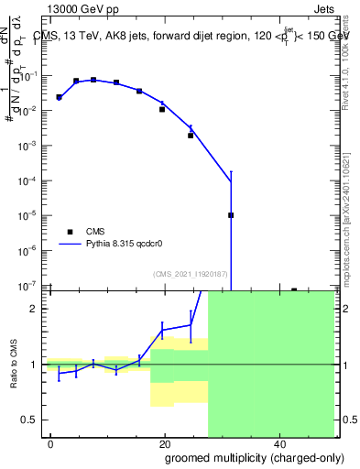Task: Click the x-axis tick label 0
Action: [x=51, y=443]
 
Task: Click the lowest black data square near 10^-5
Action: [x=231, y=215]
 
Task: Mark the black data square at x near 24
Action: [x=191, y=136]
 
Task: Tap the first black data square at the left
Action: [x=59, y=97]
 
